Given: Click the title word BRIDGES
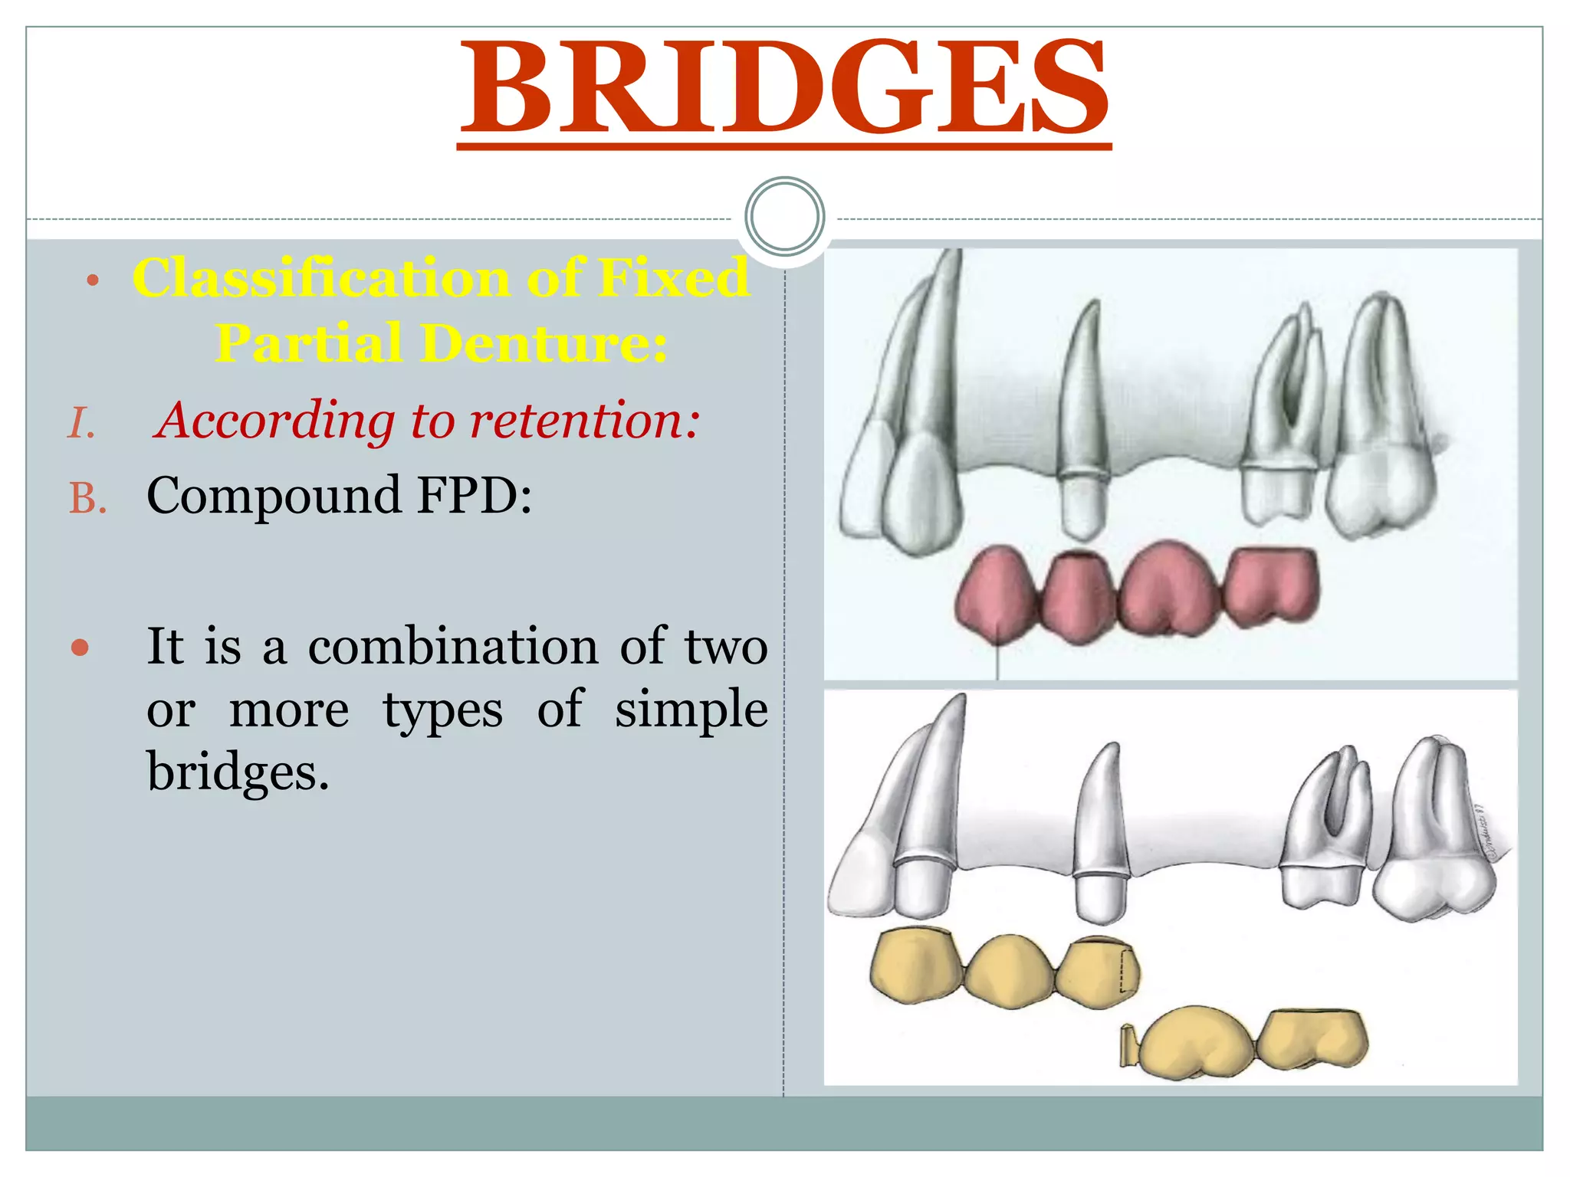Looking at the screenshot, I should [x=783, y=86].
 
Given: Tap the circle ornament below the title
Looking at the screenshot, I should [x=784, y=217].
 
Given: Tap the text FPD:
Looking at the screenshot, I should [x=474, y=495].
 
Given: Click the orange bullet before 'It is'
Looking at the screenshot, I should [x=80, y=648].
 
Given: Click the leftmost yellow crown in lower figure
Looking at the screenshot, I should [x=915, y=965].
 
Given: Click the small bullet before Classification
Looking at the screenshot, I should [x=93, y=280].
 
